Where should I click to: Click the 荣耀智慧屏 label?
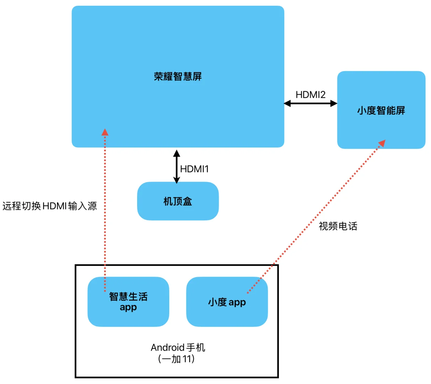click(x=178, y=76)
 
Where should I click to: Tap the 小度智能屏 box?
click(x=381, y=121)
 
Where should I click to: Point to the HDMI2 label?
click(x=311, y=95)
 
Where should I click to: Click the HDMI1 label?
click(x=194, y=169)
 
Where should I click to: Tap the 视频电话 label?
click(x=338, y=226)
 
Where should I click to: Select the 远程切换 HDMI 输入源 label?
click(x=50, y=206)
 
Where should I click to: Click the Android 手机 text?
click(x=178, y=347)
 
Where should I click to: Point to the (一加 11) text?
click(x=177, y=359)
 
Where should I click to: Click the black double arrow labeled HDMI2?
click(x=311, y=103)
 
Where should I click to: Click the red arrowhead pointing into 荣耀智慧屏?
click(x=105, y=132)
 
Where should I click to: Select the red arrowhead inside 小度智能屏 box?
click(x=382, y=143)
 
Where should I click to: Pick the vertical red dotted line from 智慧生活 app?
click(x=105, y=213)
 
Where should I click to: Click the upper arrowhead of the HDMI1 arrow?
click(x=176, y=154)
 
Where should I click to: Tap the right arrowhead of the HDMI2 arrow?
click(x=334, y=103)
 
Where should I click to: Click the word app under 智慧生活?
click(x=128, y=307)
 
